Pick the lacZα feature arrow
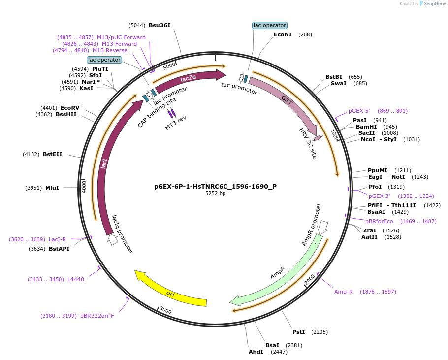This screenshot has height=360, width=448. point(190,79)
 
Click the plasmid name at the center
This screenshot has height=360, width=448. point(215,186)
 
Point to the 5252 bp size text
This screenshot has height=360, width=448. point(215,193)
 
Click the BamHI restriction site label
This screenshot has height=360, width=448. point(366,127)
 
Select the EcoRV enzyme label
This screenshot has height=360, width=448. point(70,108)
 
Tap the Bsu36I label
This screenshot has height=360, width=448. point(160,25)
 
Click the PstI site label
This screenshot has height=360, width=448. point(299,332)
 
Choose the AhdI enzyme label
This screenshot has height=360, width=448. point(256,352)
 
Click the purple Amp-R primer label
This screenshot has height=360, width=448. point(344,292)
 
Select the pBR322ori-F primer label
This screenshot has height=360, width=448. point(97,316)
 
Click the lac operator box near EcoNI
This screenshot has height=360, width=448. point(269,25)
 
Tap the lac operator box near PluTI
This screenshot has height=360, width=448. point(104,60)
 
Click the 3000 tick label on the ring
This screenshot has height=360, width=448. point(165,311)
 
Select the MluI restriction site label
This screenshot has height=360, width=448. point(52,188)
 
